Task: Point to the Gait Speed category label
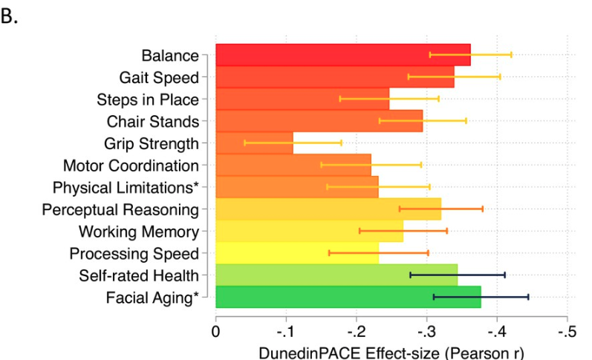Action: [x=159, y=77]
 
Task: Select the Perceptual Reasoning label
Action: [x=120, y=209]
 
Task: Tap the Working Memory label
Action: [x=139, y=232]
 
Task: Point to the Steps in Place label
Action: [x=148, y=99]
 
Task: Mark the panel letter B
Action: [x=9, y=16]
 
